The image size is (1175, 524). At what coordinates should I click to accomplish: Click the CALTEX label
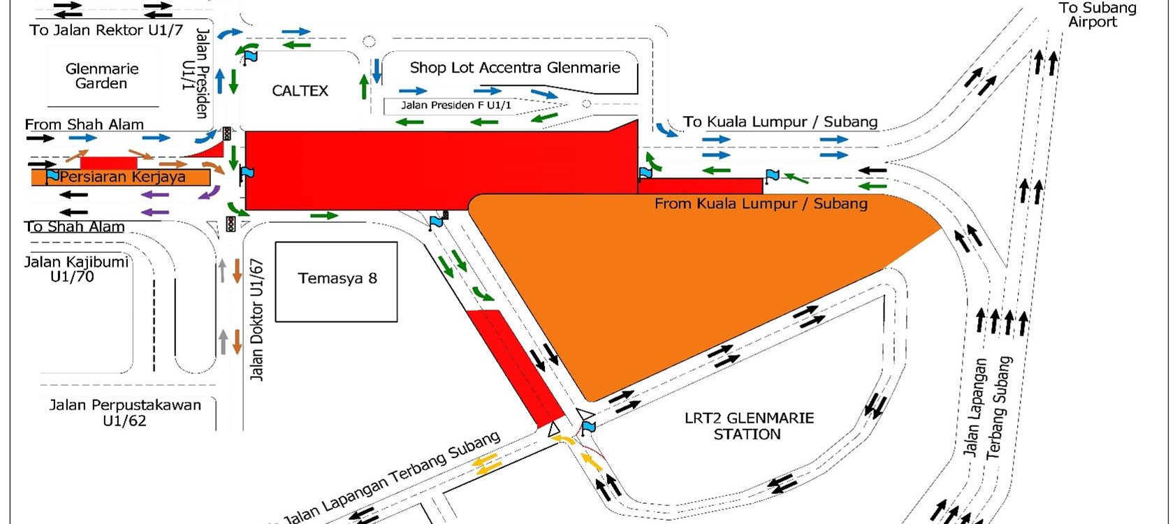300,91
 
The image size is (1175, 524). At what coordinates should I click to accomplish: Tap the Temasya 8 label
337,278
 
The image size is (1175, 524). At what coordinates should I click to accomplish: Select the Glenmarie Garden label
102,76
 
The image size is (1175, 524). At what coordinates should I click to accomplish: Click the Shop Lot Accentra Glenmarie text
515,68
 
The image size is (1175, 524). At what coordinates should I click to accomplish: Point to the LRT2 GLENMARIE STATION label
749,426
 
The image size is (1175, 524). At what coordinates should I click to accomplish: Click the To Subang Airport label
1097,15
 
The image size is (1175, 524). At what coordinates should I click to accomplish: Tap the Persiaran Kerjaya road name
122,177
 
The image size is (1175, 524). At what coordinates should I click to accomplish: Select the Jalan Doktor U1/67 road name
256,319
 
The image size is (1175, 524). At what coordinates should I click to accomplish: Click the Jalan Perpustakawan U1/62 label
125,413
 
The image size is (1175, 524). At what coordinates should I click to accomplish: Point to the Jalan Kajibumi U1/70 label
76,269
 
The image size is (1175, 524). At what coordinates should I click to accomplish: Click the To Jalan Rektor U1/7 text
106,30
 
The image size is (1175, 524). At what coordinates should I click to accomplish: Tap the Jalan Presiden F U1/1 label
456,105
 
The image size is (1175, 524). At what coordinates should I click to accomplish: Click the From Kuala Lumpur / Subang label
761,203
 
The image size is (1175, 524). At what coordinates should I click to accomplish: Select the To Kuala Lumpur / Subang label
780,122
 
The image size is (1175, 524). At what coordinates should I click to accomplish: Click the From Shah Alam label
84,124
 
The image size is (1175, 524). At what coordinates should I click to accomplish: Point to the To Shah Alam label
75,226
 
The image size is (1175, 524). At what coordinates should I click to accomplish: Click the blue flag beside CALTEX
251,56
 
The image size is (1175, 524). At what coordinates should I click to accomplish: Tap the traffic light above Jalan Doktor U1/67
231,224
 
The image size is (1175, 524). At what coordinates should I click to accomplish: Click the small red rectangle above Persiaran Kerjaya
108,163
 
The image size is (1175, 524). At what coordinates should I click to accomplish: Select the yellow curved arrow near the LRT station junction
565,440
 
